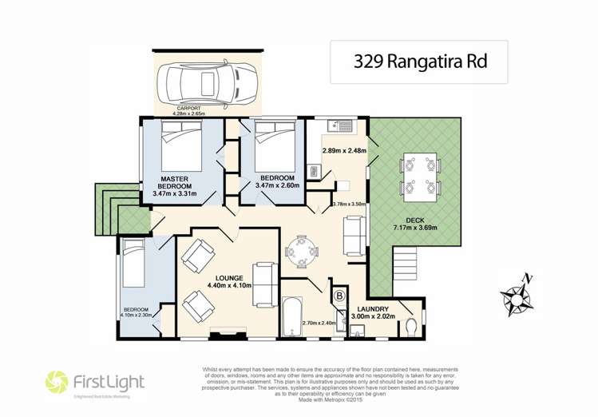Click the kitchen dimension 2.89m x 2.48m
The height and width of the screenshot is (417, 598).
343,150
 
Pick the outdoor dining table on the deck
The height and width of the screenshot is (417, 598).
420,177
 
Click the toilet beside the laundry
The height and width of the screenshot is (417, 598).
410,327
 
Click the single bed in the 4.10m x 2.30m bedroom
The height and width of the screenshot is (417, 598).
133,264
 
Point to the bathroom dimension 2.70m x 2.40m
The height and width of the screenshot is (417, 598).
317,323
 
